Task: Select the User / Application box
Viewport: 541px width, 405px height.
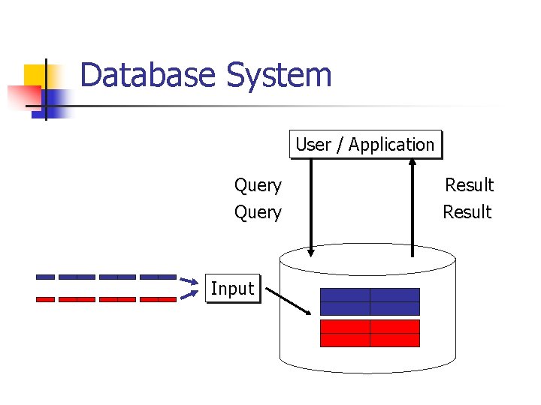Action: point(365,145)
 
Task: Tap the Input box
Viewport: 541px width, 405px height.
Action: point(232,289)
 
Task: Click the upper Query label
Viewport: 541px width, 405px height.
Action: point(258,185)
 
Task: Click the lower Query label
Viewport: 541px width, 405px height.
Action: point(258,212)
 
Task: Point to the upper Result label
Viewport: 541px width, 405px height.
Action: point(469,185)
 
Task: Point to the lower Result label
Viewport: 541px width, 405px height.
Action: point(467,212)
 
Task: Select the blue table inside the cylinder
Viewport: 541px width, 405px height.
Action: point(370,301)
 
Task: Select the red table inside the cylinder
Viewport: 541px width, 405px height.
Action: point(370,333)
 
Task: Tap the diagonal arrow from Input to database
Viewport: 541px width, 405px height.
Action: point(289,301)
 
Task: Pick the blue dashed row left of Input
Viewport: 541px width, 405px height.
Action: point(106,277)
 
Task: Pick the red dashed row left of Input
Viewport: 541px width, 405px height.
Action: point(106,299)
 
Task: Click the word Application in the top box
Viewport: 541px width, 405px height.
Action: point(391,145)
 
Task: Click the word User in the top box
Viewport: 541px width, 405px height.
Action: point(313,145)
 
